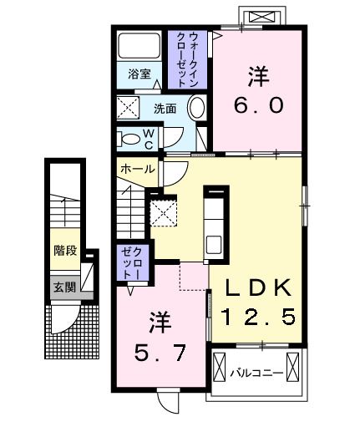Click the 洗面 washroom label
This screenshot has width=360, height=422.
click(x=165, y=109)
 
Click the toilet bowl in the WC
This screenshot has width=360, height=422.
click(x=130, y=139)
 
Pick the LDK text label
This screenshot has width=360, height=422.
click(x=258, y=288)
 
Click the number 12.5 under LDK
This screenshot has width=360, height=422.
click(x=258, y=317)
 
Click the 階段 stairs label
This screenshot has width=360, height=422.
click(x=65, y=250)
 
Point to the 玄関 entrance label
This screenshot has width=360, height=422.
click(x=64, y=287)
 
